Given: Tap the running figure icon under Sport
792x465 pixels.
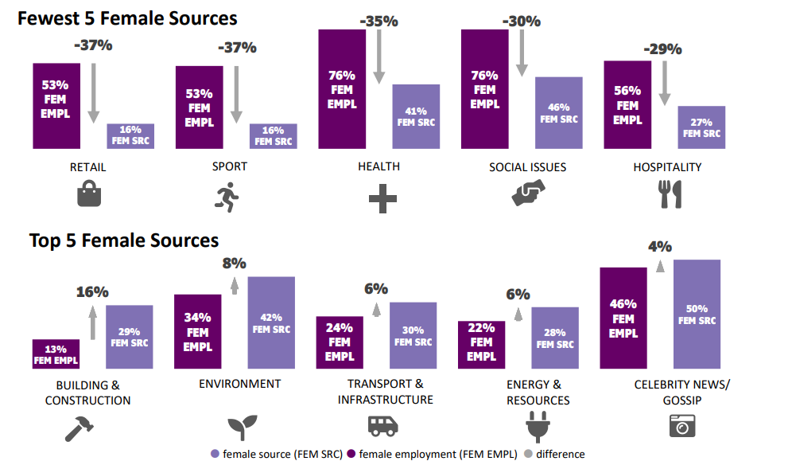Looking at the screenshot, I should (228, 196).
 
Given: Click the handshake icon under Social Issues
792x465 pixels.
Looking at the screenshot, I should (527, 193).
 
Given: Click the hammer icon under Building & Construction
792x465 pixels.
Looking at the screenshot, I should (80, 428).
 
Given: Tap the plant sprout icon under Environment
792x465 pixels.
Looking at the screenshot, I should (239, 428).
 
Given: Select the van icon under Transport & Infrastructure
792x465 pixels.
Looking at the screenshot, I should (382, 426).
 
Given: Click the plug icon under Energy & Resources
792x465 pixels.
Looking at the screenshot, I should (538, 428).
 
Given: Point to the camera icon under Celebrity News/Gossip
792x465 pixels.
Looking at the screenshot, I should (681, 427).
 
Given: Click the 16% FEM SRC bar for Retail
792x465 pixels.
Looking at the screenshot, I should (130, 136).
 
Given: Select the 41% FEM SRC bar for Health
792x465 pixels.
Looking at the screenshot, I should (416, 116).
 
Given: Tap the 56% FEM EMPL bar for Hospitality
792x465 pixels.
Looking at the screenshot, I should (627, 104).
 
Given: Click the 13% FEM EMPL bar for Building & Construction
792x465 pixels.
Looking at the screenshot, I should (56, 354).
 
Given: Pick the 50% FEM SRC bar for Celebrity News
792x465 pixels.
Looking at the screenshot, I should (697, 314).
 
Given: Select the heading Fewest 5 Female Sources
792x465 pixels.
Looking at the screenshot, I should (128, 18).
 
